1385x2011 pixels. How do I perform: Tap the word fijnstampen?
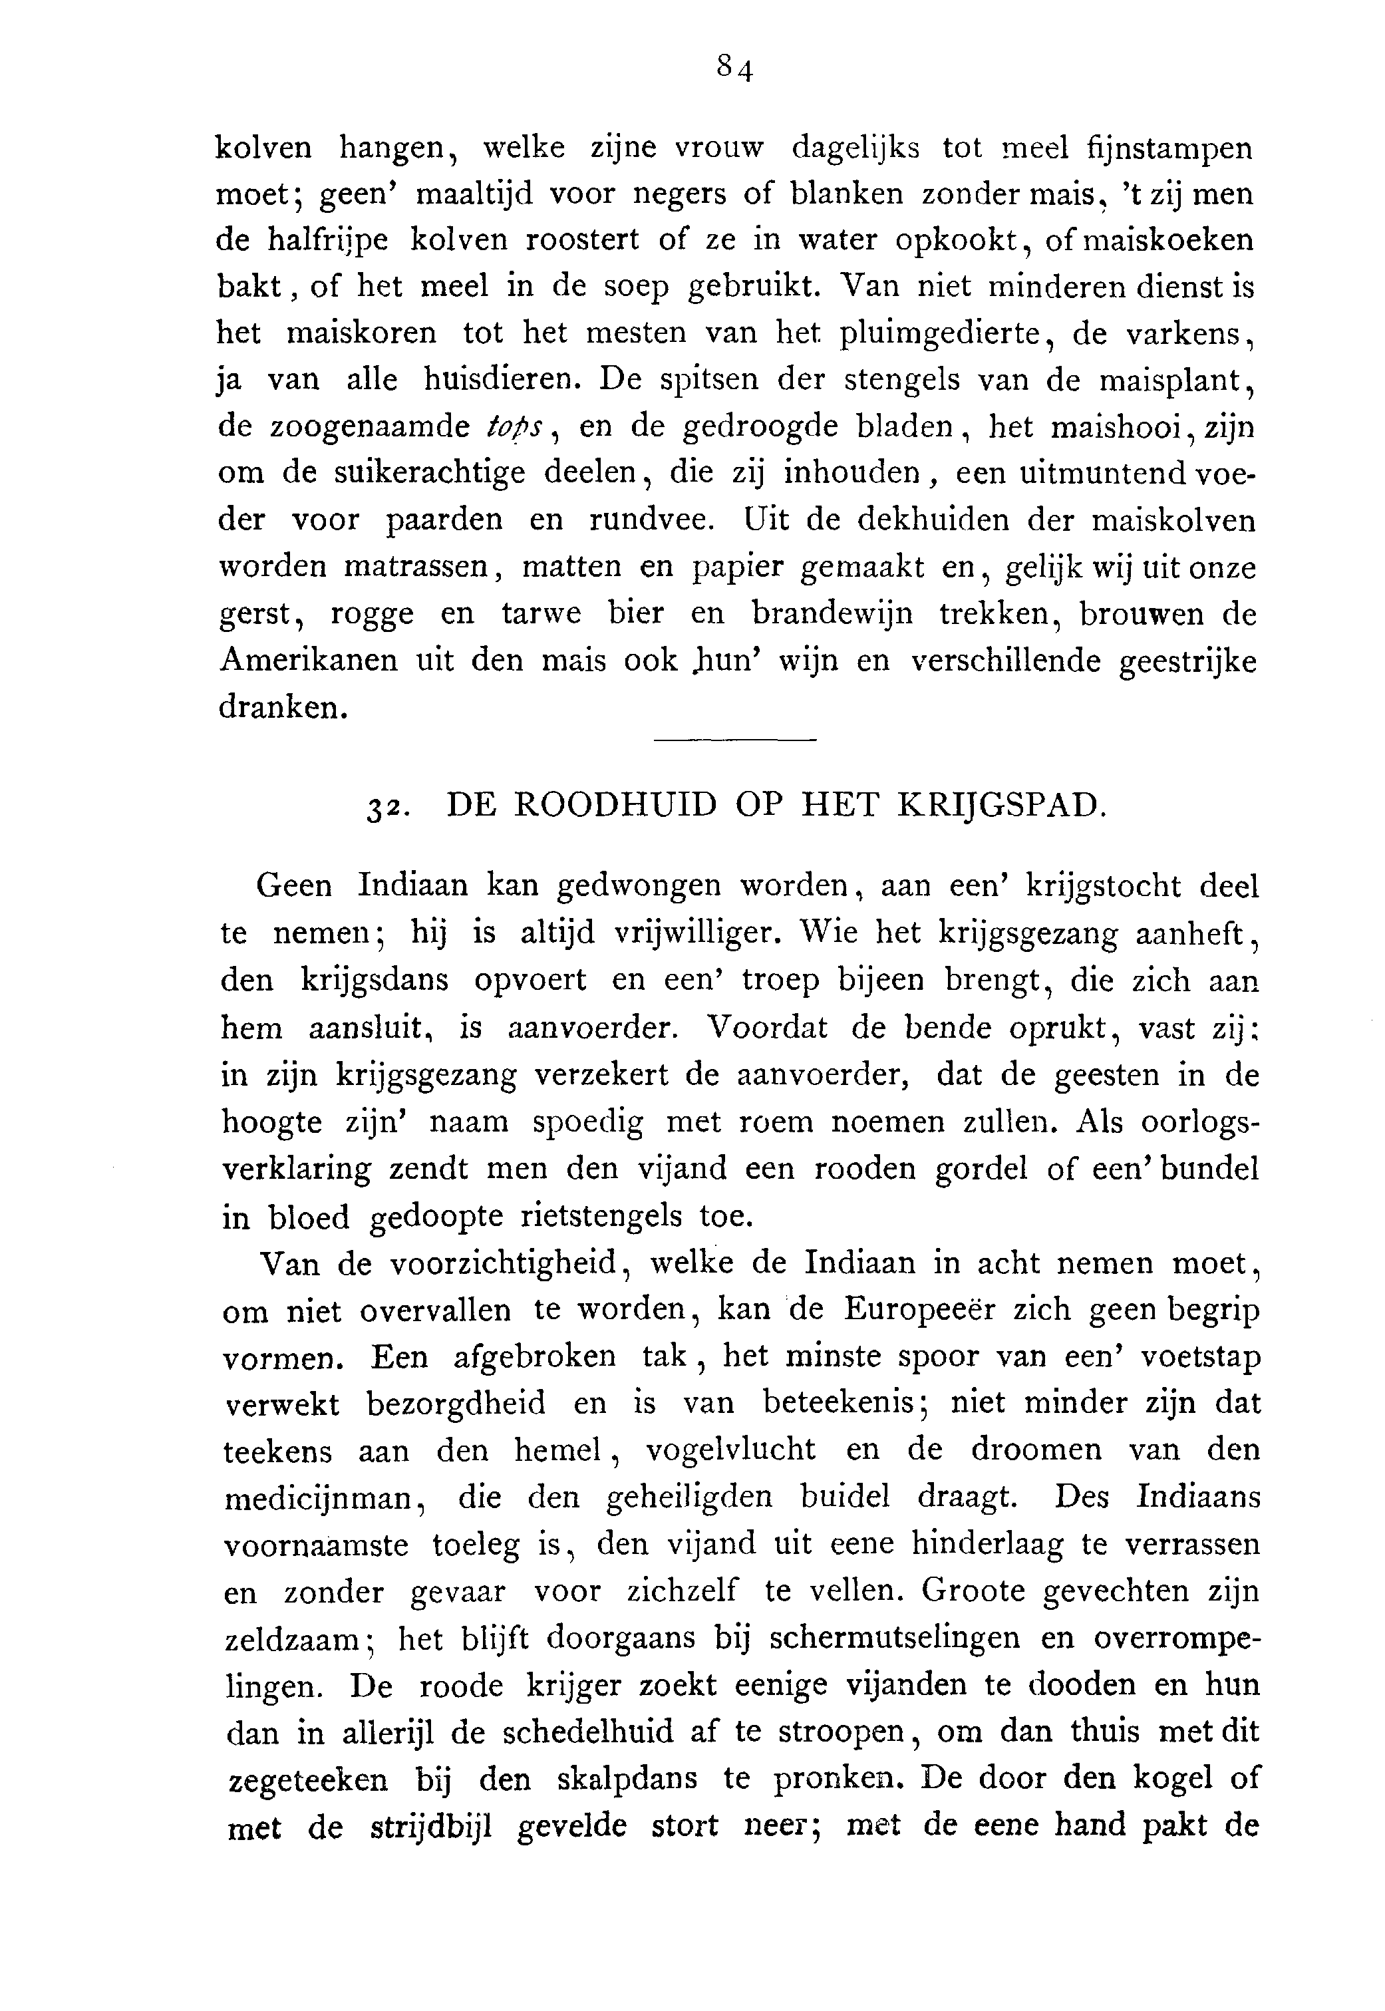[x=1169, y=149]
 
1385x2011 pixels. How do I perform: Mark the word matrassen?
[x=419, y=567]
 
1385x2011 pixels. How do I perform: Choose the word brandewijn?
[x=832, y=614]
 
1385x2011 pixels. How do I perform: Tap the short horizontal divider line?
[x=735, y=740]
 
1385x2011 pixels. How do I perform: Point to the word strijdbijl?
[x=431, y=1826]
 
